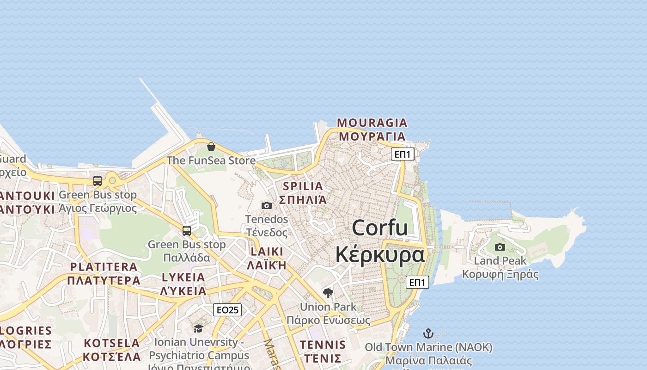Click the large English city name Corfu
click(x=380, y=228)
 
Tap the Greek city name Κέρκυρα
click(x=380, y=254)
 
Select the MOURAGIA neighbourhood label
click(x=372, y=123)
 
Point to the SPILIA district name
click(x=303, y=186)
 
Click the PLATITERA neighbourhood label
click(x=104, y=267)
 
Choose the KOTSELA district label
click(x=112, y=343)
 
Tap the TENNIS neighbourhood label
click(x=323, y=345)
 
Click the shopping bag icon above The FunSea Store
click(x=211, y=147)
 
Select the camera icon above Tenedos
click(x=267, y=205)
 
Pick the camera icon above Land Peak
click(x=500, y=247)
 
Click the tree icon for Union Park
click(x=328, y=293)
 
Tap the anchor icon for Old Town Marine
click(x=428, y=333)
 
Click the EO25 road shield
click(x=227, y=310)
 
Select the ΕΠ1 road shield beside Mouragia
click(x=403, y=154)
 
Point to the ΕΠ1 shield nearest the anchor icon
click(x=417, y=282)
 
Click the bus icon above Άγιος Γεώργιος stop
click(x=98, y=181)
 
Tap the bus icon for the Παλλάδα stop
click(x=187, y=230)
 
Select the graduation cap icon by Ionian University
click(x=198, y=328)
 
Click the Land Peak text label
click(x=500, y=261)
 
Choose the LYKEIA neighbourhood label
click(x=183, y=277)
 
